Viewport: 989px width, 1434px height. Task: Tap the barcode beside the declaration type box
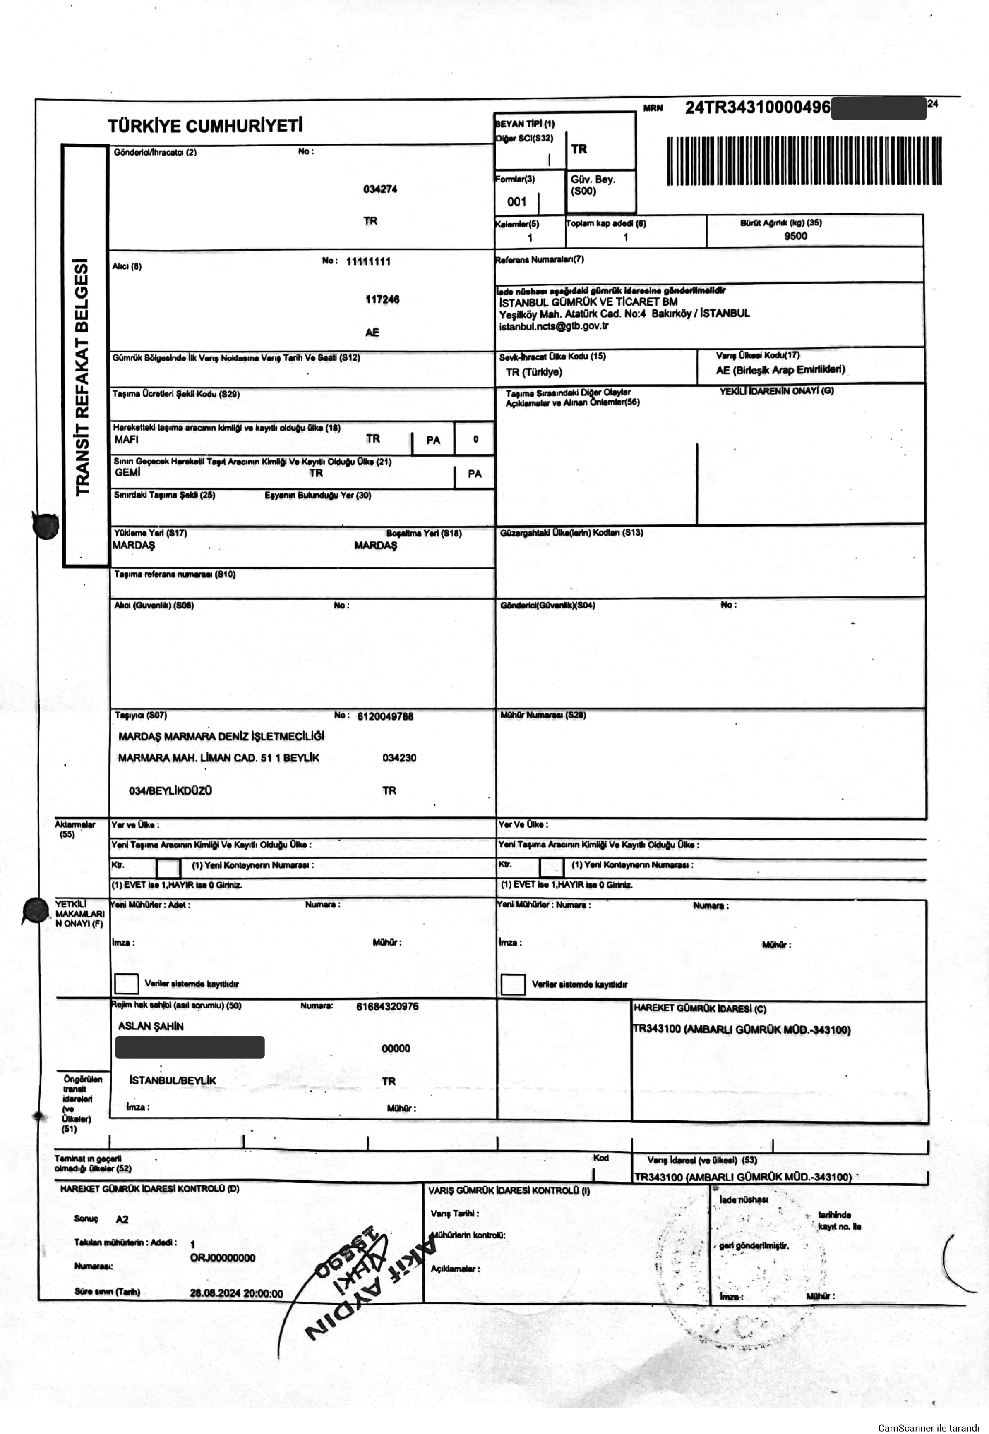804,160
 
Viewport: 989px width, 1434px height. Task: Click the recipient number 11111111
368,261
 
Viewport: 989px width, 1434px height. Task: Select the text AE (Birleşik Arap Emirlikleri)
780,370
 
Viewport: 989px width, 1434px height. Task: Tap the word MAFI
126,440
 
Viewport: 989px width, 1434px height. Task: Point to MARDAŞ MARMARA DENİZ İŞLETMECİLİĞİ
221,737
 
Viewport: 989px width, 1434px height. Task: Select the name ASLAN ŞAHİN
151,1026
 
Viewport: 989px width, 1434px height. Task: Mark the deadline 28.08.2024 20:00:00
236,1293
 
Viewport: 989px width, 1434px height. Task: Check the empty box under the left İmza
126,983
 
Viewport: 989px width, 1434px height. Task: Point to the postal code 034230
399,758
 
